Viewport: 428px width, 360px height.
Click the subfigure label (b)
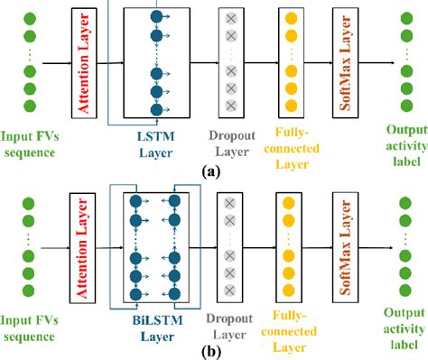213,350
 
